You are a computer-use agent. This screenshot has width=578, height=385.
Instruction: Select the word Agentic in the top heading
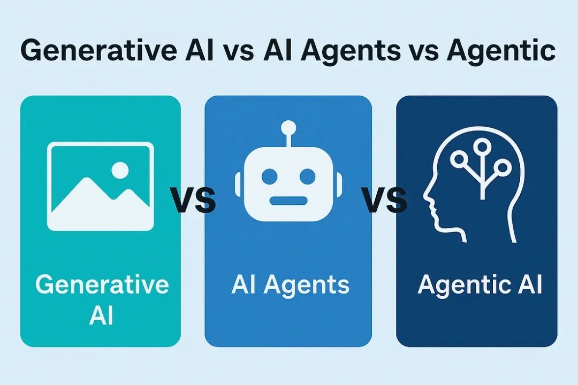point(501,51)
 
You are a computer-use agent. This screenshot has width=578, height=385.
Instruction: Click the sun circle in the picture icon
point(120,171)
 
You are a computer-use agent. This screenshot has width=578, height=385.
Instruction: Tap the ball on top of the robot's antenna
point(289,128)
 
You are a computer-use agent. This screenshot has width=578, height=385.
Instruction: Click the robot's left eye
point(270,175)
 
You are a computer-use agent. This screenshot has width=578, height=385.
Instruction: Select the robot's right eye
point(307,175)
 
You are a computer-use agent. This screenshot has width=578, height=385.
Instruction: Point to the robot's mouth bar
point(288,201)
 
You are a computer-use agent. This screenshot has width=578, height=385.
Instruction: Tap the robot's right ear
point(339,184)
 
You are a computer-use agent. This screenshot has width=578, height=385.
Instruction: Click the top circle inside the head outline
point(482,145)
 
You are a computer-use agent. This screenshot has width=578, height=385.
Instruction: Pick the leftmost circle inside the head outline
point(459,158)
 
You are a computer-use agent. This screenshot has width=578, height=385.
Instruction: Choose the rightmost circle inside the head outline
point(502,167)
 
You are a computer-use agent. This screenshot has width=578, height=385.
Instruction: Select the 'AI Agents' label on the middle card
point(290,284)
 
